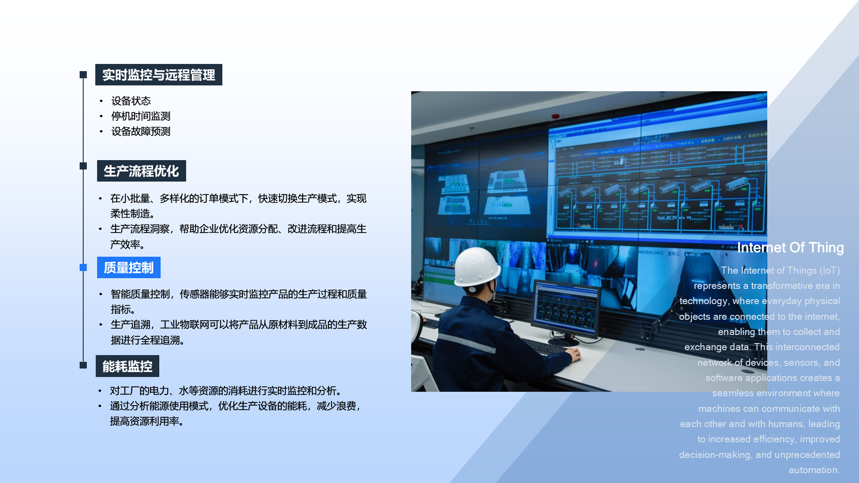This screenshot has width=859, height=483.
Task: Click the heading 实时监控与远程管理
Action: click(158, 75)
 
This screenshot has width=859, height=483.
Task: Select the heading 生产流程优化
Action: click(141, 171)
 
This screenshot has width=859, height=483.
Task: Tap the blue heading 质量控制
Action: click(129, 267)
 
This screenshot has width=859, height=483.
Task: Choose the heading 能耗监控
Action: click(128, 366)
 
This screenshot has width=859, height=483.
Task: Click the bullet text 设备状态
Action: click(131, 101)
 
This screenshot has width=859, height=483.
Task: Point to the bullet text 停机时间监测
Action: click(141, 116)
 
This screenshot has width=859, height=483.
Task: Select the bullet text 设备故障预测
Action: click(141, 131)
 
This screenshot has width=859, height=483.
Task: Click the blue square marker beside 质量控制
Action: click(83, 267)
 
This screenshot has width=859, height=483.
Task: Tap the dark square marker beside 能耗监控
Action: click(83, 365)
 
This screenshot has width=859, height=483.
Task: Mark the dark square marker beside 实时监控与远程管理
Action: click(83, 75)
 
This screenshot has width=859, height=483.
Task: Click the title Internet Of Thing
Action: click(790, 248)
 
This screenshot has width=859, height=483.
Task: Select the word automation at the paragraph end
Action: click(814, 470)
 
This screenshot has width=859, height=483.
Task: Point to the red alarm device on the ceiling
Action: click(555, 116)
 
